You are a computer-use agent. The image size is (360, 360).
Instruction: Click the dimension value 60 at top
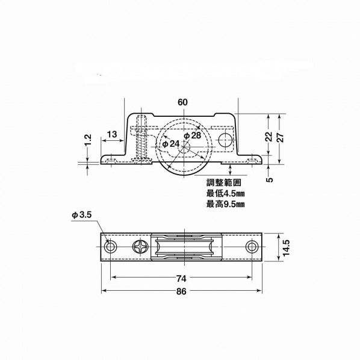(182, 102)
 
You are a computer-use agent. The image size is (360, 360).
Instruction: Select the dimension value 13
(112, 133)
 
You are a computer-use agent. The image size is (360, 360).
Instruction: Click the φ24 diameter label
(170, 144)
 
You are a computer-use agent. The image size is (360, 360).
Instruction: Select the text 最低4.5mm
(225, 194)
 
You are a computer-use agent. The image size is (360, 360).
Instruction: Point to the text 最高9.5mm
(225, 204)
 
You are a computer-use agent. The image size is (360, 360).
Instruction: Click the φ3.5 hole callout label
(81, 215)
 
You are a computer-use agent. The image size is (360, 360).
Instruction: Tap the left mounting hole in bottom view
(110, 247)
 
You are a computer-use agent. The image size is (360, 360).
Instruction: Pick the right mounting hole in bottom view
(252, 247)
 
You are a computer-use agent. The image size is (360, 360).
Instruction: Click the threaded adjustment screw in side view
(141, 139)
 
